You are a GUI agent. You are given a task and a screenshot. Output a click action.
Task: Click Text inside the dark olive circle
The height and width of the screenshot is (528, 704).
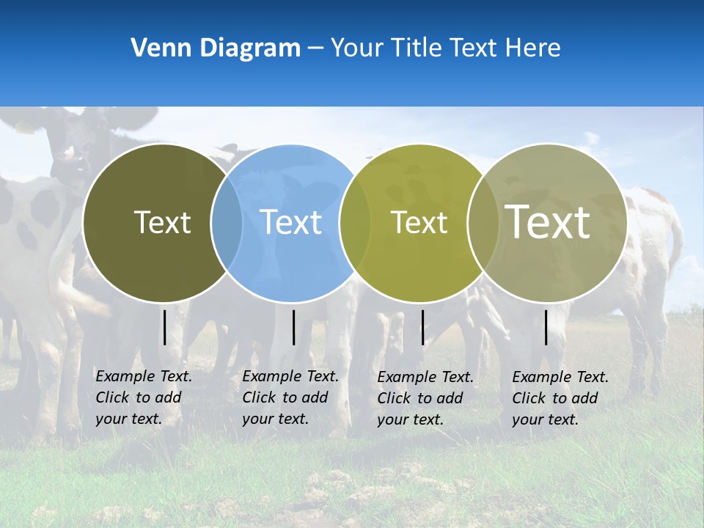(x=162, y=222)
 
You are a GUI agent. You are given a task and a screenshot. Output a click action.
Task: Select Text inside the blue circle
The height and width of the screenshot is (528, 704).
(x=291, y=222)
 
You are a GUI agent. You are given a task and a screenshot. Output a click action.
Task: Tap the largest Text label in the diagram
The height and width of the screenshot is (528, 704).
(x=548, y=221)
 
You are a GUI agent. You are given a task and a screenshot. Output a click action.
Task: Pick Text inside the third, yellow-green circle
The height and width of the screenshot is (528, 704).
(x=419, y=222)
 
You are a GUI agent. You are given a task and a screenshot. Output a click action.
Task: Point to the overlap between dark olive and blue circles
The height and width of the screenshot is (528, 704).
(x=227, y=222)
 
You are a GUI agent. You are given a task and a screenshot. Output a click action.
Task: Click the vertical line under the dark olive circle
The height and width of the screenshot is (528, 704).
(x=165, y=327)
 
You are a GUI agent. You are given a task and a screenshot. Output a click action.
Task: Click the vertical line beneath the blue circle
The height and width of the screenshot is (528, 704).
(x=293, y=327)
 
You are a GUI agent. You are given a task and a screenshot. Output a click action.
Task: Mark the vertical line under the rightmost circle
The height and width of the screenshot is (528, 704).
(x=546, y=327)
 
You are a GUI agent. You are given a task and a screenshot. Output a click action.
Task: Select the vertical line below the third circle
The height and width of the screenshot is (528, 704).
(x=422, y=327)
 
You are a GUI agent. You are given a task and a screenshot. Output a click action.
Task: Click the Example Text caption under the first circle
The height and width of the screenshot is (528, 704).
(x=143, y=397)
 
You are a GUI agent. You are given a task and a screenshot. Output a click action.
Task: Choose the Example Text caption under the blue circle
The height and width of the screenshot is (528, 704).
(x=290, y=397)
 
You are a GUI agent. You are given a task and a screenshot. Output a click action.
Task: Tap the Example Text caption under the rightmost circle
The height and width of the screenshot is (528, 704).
(x=560, y=398)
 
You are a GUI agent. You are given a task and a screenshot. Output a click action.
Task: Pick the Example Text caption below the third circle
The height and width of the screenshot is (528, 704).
(x=425, y=398)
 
